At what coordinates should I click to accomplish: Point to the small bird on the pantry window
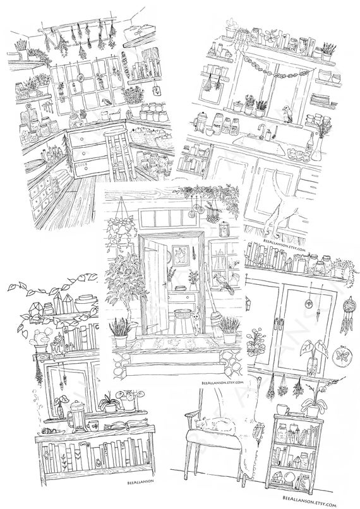(111, 102)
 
